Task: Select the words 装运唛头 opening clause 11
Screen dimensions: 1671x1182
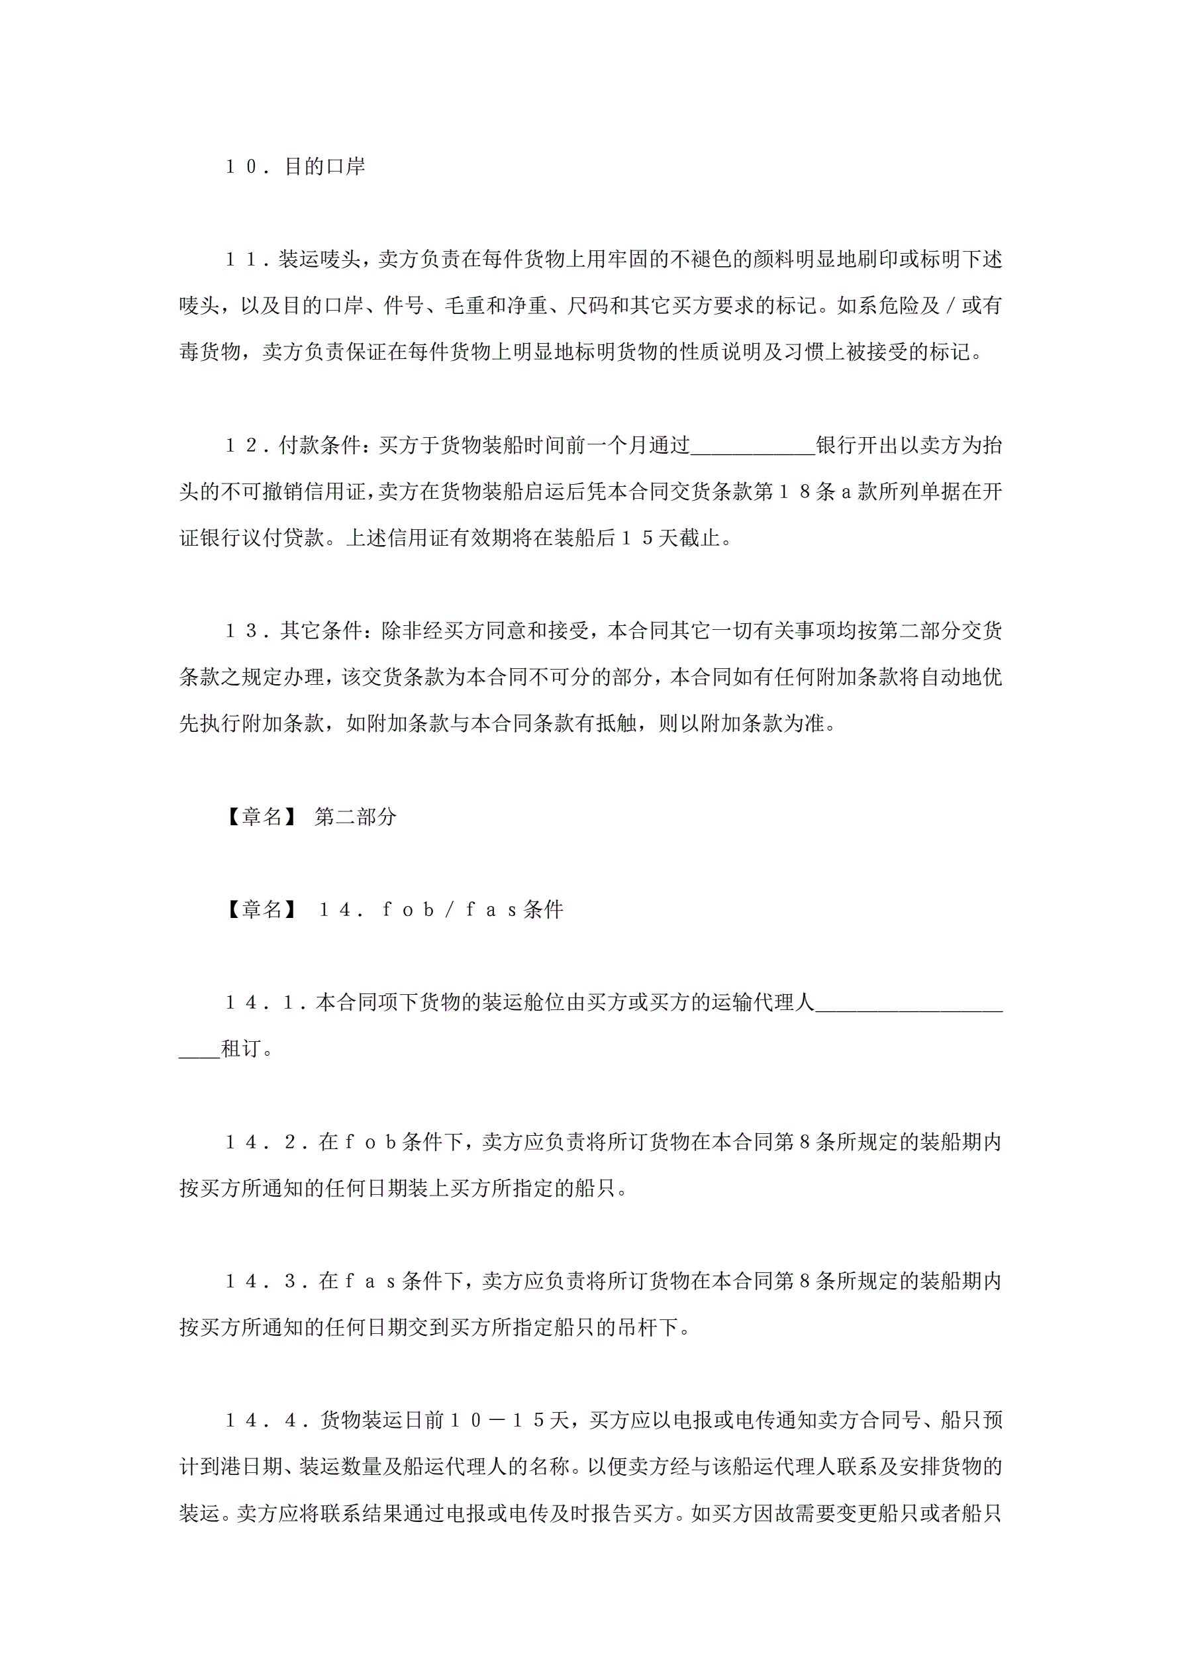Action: (319, 260)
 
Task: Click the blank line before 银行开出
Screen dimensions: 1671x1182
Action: (753, 448)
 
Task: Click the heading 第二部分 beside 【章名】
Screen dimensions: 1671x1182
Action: (355, 817)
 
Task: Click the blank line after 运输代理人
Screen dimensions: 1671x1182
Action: (909, 1004)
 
